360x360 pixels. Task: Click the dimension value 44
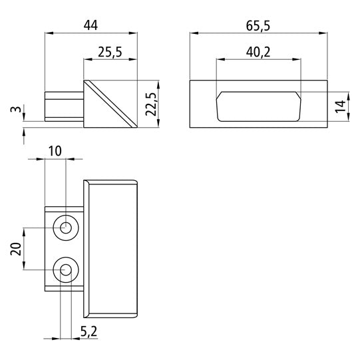91,25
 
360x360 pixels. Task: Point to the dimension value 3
15,110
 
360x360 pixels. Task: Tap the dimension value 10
55,151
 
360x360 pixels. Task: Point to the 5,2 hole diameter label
88,331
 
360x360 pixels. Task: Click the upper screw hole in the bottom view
66,228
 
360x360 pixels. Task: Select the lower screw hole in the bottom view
66,270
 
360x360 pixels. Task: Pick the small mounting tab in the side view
64,107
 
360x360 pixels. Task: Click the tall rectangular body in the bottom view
112,248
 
